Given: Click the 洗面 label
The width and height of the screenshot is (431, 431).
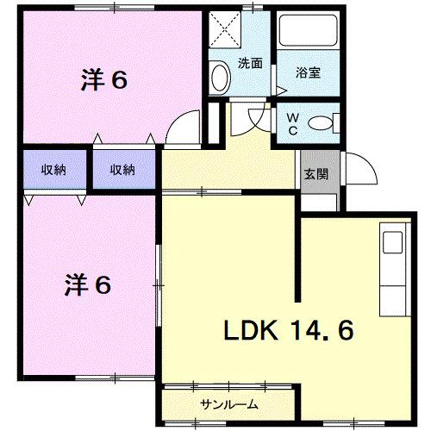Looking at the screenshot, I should (250, 62).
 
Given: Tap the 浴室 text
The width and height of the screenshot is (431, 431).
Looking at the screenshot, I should (309, 72).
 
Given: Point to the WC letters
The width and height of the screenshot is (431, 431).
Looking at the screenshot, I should (292, 122).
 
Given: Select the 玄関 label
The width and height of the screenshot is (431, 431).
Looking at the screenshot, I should (315, 172).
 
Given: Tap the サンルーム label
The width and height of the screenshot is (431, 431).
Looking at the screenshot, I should (229, 403).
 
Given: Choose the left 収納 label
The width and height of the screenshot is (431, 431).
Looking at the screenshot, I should (54, 170).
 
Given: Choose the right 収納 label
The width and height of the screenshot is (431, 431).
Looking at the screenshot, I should (122, 170).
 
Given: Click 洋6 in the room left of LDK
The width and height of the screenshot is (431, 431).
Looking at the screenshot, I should (88, 284).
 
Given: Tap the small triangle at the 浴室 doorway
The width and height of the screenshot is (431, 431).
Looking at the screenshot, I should (281, 89).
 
